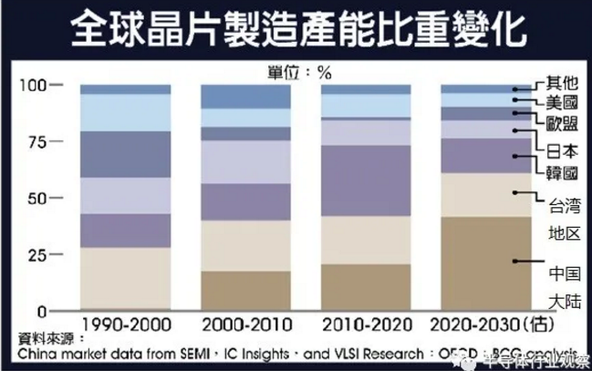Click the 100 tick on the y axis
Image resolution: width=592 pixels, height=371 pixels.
[33, 85]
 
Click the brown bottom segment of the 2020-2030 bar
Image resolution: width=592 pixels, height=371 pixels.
[484, 264]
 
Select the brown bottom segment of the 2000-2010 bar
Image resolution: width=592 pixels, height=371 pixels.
[245, 291]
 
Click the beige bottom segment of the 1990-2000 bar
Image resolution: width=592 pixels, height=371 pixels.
[125, 279]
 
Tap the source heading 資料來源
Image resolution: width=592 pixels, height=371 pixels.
[37, 337]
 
